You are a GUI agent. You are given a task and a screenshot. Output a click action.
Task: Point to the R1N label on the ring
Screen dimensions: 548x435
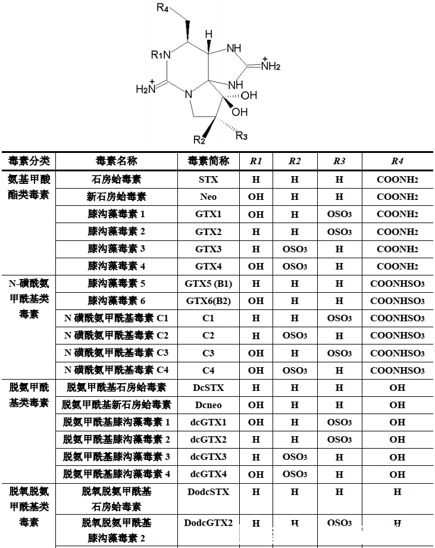tap(161, 55)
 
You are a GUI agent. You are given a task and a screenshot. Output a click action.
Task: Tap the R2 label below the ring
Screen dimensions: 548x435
tap(200, 140)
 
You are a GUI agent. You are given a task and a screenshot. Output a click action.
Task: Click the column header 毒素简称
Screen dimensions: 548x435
tap(208, 161)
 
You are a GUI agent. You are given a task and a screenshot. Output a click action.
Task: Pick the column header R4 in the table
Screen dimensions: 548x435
tap(397, 161)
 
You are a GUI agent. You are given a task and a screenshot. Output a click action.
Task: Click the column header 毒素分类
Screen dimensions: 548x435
tap(29, 161)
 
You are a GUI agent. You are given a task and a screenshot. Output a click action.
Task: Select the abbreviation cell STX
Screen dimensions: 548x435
tap(208, 179)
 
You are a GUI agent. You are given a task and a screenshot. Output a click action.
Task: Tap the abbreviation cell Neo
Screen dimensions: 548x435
tap(208, 196)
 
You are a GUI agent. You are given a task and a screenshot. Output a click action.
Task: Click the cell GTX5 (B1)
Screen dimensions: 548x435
tap(208, 283)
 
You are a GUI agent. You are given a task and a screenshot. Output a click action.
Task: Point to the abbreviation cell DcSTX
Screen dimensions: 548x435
tap(208, 387)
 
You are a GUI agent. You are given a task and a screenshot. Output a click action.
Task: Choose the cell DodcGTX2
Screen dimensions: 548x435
tap(208, 523)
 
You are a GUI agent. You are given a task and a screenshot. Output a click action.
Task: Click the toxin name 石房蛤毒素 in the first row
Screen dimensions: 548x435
tap(117, 179)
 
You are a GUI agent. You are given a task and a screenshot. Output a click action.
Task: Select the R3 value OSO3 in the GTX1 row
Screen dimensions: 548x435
tap(339, 214)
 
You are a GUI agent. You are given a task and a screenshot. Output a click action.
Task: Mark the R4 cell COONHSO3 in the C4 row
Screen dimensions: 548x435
tap(397, 370)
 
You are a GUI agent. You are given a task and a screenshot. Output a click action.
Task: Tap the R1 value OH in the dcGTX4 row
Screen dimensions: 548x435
tap(256, 474)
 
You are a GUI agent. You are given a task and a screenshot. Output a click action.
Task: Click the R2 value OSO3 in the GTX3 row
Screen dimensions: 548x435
tap(295, 249)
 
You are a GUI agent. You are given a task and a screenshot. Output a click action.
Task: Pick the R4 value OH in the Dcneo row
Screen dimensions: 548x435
tap(397, 405)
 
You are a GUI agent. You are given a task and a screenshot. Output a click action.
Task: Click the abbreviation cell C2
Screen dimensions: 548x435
tap(208, 336)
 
